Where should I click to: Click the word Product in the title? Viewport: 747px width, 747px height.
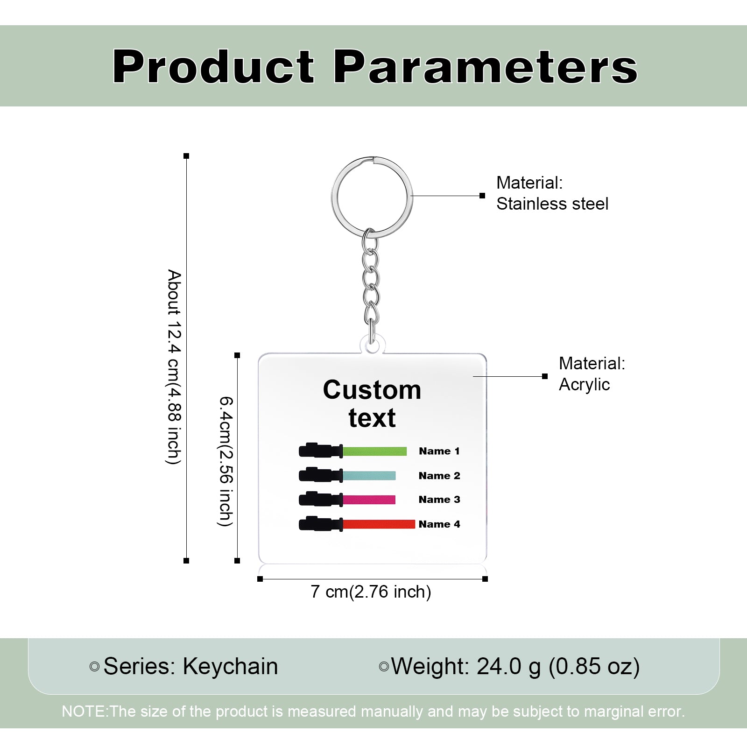(x=213, y=66)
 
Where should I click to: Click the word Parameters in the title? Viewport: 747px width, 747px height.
(x=486, y=66)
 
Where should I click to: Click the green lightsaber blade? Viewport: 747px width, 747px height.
(x=375, y=451)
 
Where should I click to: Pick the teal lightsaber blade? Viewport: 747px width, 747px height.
(x=369, y=476)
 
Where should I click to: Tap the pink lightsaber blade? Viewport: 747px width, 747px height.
(x=369, y=500)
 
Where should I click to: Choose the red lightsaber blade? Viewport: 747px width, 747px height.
(x=379, y=524)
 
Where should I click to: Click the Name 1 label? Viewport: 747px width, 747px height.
(x=439, y=451)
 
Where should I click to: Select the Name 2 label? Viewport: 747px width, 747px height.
(x=439, y=476)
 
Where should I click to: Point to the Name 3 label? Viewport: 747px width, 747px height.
(x=439, y=500)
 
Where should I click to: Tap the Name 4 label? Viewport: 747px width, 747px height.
(x=439, y=524)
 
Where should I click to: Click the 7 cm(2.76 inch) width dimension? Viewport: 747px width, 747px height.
(x=371, y=592)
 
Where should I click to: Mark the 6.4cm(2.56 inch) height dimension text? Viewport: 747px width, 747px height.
(x=226, y=461)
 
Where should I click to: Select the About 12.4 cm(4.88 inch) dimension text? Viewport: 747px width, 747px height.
(x=174, y=367)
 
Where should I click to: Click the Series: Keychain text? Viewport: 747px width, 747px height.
(x=190, y=666)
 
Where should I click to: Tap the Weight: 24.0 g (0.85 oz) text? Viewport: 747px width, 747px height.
(x=515, y=667)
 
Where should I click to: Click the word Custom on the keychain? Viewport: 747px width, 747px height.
(x=372, y=390)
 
